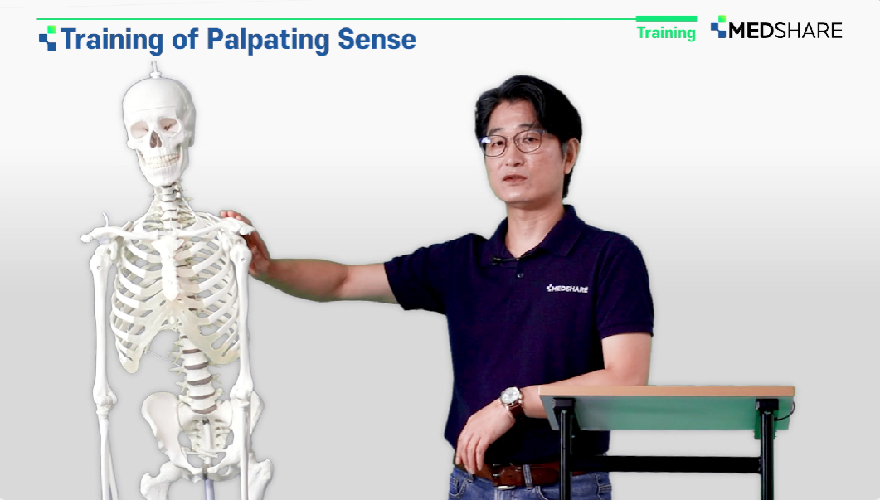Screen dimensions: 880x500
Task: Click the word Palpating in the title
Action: pyautogui.click(x=268, y=40)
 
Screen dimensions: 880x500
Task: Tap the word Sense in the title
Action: pyautogui.click(x=377, y=39)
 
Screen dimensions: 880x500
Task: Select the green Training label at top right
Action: pyautogui.click(x=666, y=32)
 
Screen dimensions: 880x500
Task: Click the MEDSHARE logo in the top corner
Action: pyautogui.click(x=776, y=28)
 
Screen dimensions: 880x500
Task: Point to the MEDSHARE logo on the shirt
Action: pyautogui.click(x=566, y=289)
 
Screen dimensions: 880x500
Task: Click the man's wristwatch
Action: pyautogui.click(x=512, y=399)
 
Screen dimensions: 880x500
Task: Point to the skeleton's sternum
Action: pyautogui.click(x=169, y=267)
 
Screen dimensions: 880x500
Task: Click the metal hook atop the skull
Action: pyautogui.click(x=155, y=70)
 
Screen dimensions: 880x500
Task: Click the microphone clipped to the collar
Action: pyautogui.click(x=496, y=260)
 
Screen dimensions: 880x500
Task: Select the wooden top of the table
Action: pyautogui.click(x=666, y=391)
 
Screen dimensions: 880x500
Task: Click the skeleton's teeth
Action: pyautogui.click(x=158, y=161)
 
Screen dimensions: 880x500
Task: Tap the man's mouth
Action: pyautogui.click(x=514, y=179)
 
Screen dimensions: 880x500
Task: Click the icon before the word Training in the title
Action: pyautogui.click(x=48, y=38)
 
